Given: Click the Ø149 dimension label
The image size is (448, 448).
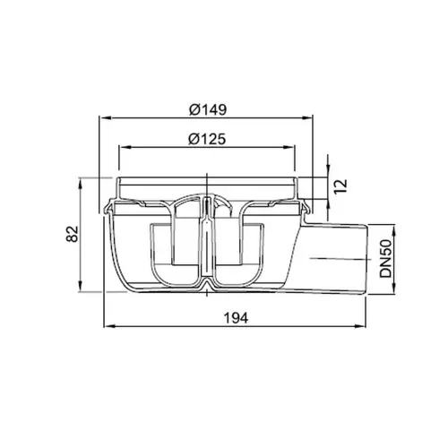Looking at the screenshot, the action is click(208, 109).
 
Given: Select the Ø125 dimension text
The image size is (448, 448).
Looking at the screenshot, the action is click(207, 139).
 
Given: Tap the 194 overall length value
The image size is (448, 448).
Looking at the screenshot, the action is click(236, 318).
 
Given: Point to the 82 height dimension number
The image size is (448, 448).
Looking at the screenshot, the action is click(72, 234).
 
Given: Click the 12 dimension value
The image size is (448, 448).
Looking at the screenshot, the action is click(340, 186).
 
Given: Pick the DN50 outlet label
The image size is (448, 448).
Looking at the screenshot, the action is click(385, 259).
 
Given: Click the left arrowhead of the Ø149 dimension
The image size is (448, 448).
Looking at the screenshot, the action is click(104, 118).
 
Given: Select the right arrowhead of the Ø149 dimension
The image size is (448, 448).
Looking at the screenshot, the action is click(307, 118).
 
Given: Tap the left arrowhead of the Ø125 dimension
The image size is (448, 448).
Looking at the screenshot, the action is click(125, 147).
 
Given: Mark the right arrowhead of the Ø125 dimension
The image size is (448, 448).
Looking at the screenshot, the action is click(289, 147).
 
